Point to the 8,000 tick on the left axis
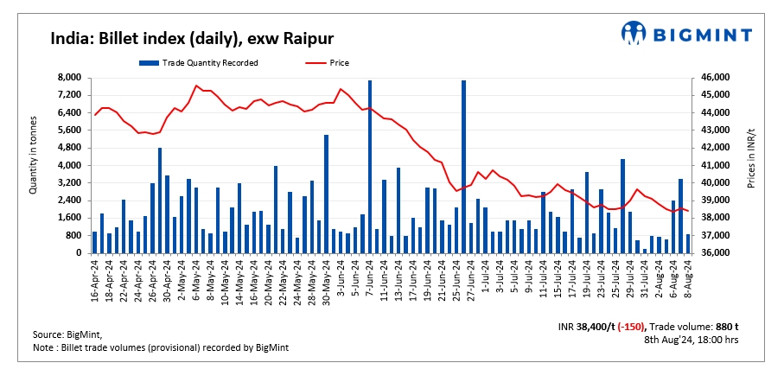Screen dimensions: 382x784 [x=69, y=78]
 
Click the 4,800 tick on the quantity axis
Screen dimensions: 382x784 [x=69, y=148]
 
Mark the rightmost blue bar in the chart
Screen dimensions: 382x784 [x=687, y=244]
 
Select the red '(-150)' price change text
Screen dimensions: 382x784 [x=628, y=326]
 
